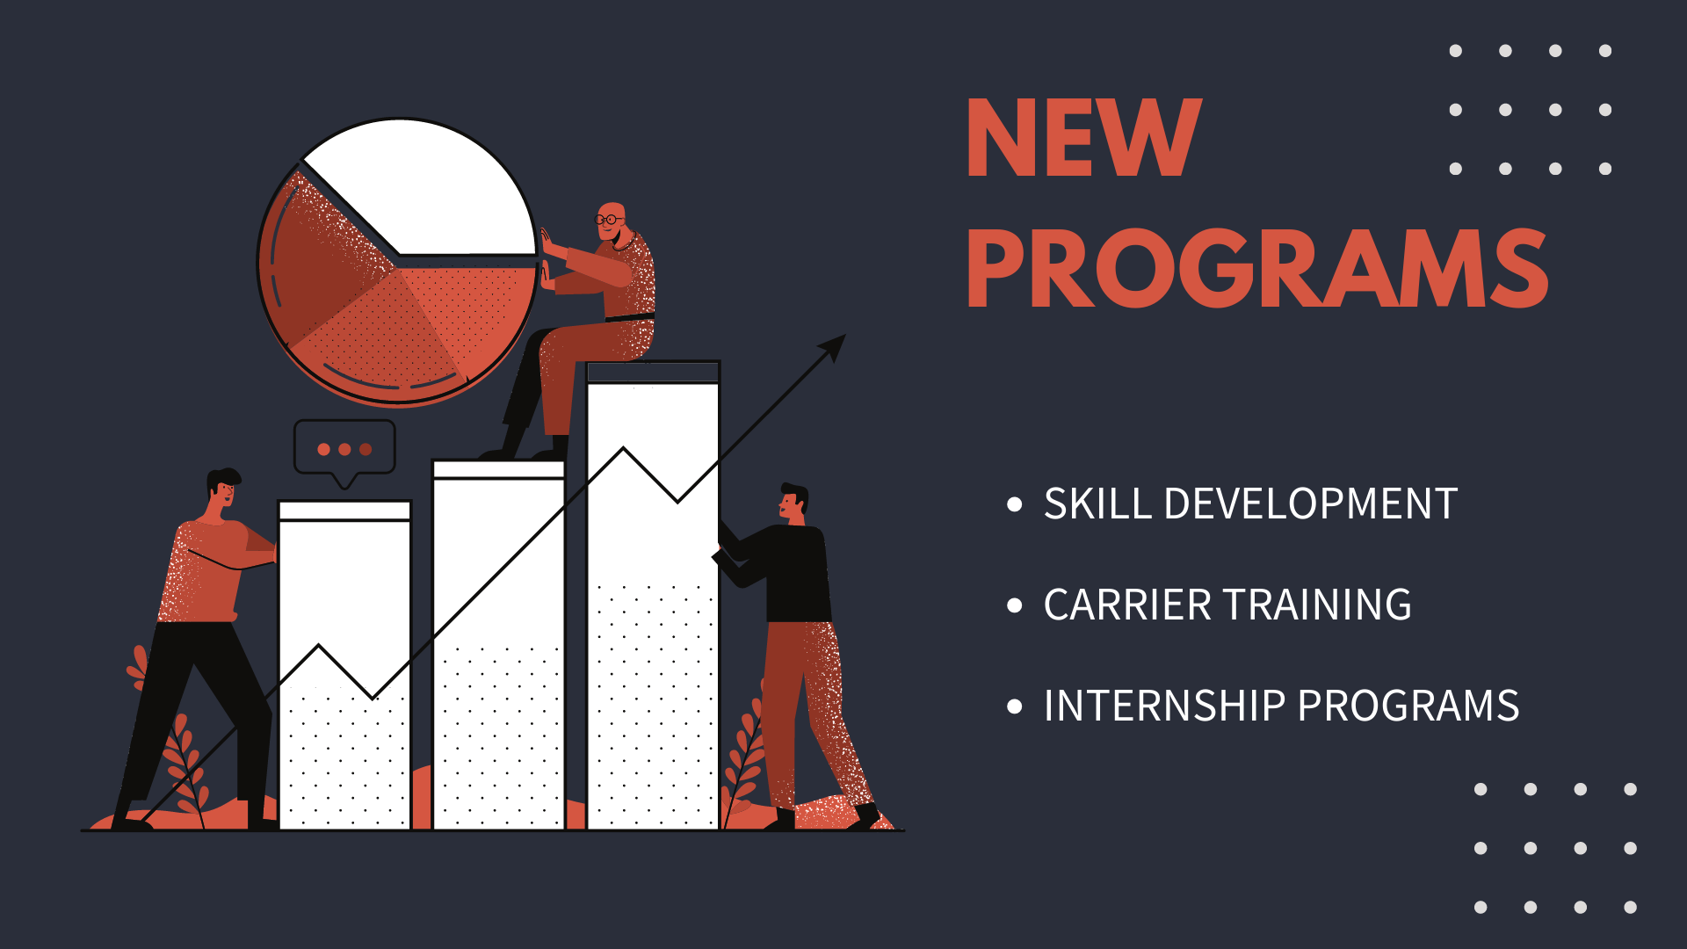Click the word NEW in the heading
(x=1084, y=137)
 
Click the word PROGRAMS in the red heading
(x=1257, y=268)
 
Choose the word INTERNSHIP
(x=1165, y=706)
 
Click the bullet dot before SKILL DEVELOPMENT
(x=1015, y=504)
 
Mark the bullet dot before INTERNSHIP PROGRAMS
(x=1015, y=706)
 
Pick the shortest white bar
(x=344, y=665)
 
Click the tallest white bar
(x=653, y=596)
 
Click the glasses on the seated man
(x=607, y=219)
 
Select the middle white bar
(x=499, y=645)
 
